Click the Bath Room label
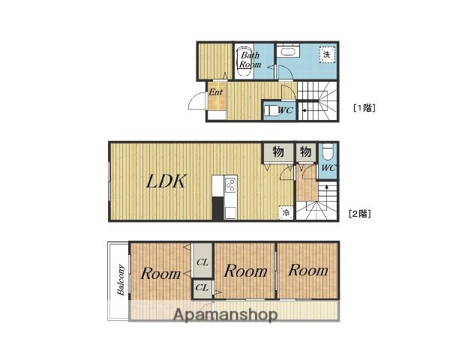point(250,60)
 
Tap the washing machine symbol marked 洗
point(327,54)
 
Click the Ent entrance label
point(215,92)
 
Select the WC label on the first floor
point(286,110)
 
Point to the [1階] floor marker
point(364,108)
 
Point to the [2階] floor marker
point(359,214)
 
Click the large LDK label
point(166,181)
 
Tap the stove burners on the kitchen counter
point(230,184)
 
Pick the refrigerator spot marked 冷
point(286,213)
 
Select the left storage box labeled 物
point(278,151)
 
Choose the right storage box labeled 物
point(306,151)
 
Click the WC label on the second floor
point(328,168)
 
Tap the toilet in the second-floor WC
point(328,151)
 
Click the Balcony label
point(121,280)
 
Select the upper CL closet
point(202,260)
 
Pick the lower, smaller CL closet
point(202,288)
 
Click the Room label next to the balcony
point(160,273)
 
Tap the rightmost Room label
point(308,270)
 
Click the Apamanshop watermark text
point(226,314)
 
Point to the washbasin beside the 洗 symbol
point(288,52)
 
